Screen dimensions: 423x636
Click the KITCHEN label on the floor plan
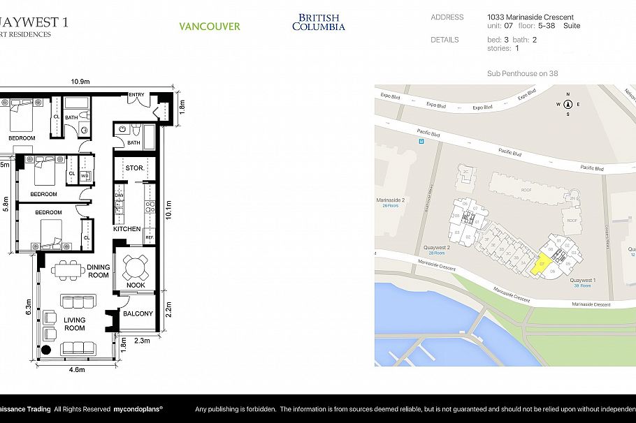click(127, 229)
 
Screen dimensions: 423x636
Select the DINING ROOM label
click(99, 271)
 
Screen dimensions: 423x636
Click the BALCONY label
click(138, 313)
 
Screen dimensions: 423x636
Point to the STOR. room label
click(136, 168)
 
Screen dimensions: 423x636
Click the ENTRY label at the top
click(137, 94)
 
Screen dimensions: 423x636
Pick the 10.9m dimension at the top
click(80, 82)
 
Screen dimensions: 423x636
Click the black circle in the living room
click(47, 350)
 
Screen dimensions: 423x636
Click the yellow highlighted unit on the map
click(540, 265)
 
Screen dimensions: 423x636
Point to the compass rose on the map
click(568, 105)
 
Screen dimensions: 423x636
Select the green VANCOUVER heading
click(209, 27)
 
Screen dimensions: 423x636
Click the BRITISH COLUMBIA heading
click(318, 22)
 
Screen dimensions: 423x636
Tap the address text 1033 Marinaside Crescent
click(530, 17)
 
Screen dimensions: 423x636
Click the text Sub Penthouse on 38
click(522, 73)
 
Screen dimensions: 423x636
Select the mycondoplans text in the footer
click(138, 409)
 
